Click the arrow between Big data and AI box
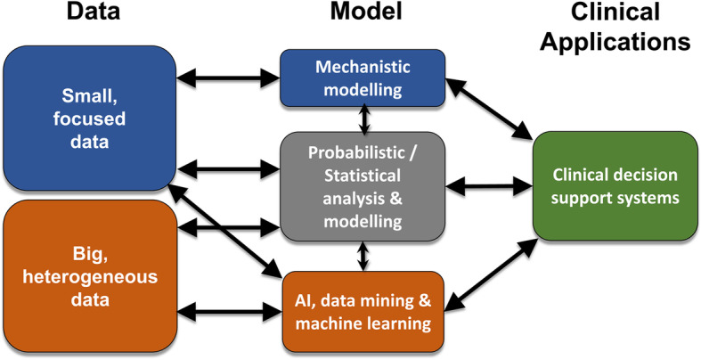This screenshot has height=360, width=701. pyautogui.click(x=226, y=313)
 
